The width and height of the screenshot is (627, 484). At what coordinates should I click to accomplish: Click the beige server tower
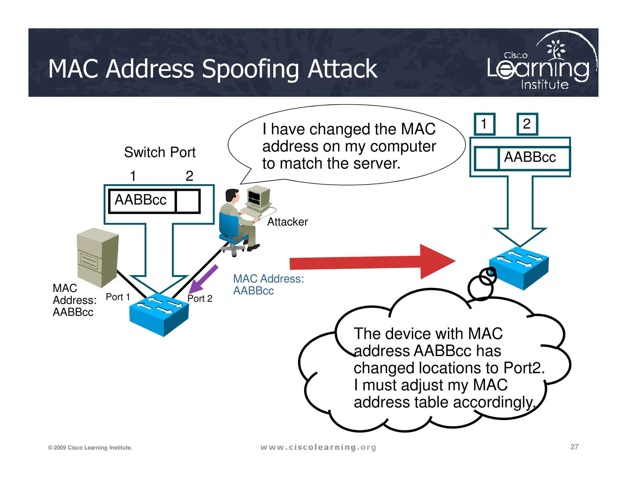click(x=97, y=257)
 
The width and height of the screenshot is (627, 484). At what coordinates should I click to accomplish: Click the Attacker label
click(x=287, y=222)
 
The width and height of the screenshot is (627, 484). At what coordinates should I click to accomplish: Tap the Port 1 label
click(x=118, y=297)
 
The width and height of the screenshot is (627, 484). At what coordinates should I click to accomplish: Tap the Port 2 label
click(x=200, y=298)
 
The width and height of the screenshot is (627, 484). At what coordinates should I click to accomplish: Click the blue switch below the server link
click(x=159, y=315)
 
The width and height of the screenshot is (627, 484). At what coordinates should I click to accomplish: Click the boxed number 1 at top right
click(x=484, y=124)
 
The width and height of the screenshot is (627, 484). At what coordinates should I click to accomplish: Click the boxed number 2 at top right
click(x=527, y=124)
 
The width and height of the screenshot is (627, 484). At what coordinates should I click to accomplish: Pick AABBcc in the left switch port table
click(x=141, y=200)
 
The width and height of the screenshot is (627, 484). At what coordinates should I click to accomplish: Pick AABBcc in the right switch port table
click(x=530, y=157)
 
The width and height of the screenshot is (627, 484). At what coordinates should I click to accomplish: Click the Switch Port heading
click(x=160, y=152)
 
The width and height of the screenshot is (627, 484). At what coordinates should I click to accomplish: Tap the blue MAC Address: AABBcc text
click(x=268, y=285)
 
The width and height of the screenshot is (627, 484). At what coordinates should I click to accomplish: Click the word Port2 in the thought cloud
click(x=524, y=368)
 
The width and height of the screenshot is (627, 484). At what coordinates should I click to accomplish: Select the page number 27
click(x=574, y=447)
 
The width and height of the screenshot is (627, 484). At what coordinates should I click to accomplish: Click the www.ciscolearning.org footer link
click(x=318, y=447)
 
